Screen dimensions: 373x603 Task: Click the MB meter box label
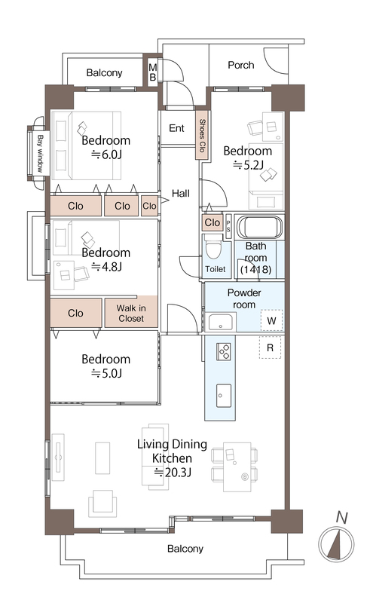pyautogui.click(x=153, y=72)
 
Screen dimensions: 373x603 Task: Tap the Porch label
pyautogui.click(x=241, y=65)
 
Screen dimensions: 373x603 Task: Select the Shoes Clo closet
pyautogui.click(x=202, y=136)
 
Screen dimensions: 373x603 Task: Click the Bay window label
pyautogui.click(x=40, y=153)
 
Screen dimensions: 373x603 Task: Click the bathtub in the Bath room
pyautogui.click(x=259, y=227)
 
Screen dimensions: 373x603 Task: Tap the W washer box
pyautogui.click(x=271, y=320)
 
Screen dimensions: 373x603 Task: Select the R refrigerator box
pyautogui.click(x=270, y=347)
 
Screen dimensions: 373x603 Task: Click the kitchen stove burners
pyautogui.click(x=224, y=351)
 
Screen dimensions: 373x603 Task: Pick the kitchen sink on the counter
pyautogui.click(x=223, y=395)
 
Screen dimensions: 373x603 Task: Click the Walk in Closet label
pyautogui.click(x=131, y=313)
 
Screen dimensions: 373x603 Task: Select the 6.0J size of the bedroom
pyautogui.click(x=107, y=155)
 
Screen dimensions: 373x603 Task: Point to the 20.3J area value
pyautogui.click(x=173, y=472)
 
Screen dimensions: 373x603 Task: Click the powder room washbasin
pyautogui.click(x=220, y=323)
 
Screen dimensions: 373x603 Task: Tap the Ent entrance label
pyautogui.click(x=176, y=128)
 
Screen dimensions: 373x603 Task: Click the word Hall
pyautogui.click(x=180, y=193)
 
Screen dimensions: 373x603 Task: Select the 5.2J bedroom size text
pyautogui.click(x=249, y=165)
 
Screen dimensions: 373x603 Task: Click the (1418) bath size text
pyautogui.click(x=255, y=269)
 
